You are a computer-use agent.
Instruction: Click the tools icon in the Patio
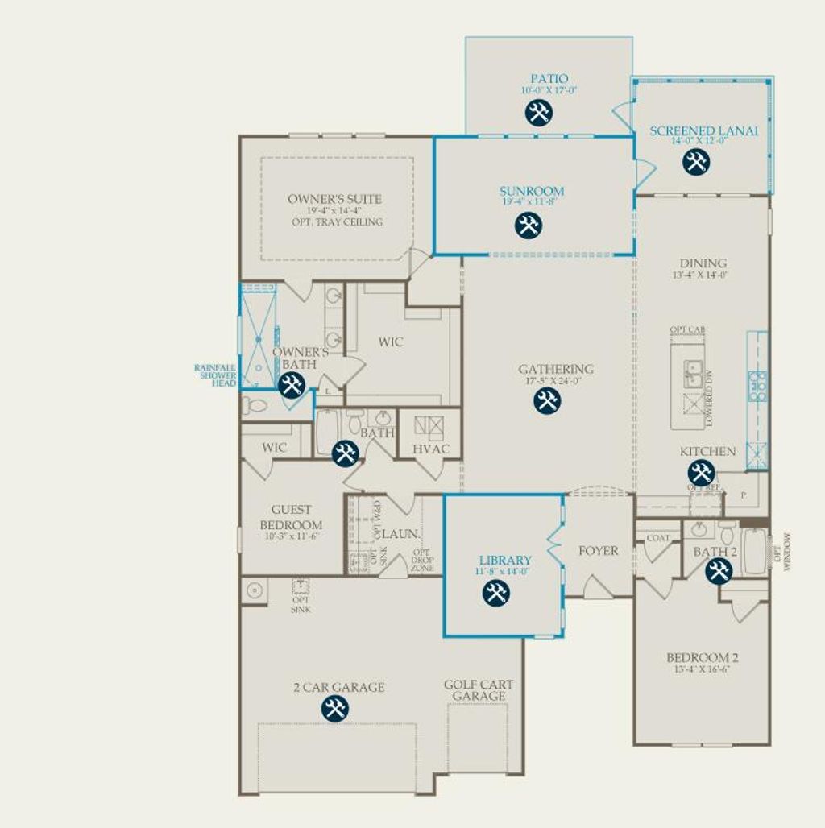[538, 113]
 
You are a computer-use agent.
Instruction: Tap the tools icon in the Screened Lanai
[696, 162]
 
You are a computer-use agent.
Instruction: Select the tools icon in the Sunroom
[529, 225]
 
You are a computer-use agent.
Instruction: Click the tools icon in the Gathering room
[547, 400]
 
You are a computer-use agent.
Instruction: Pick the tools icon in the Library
[495, 593]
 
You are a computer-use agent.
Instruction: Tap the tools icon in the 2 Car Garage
[334, 709]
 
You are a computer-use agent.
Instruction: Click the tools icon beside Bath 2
[718, 571]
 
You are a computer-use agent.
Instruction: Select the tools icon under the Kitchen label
[700, 473]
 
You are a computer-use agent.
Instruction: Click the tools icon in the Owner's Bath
[291, 385]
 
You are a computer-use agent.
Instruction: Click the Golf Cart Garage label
[479, 690]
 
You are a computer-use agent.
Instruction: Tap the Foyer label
[599, 551]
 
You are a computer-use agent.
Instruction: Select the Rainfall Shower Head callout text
[216, 375]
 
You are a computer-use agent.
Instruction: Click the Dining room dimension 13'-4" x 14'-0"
[699, 275]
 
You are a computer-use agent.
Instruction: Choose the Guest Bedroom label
[291, 517]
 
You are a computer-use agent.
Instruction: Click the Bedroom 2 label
[702, 657]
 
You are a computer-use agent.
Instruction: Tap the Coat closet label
[657, 538]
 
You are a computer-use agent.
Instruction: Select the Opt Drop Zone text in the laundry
[422, 560]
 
